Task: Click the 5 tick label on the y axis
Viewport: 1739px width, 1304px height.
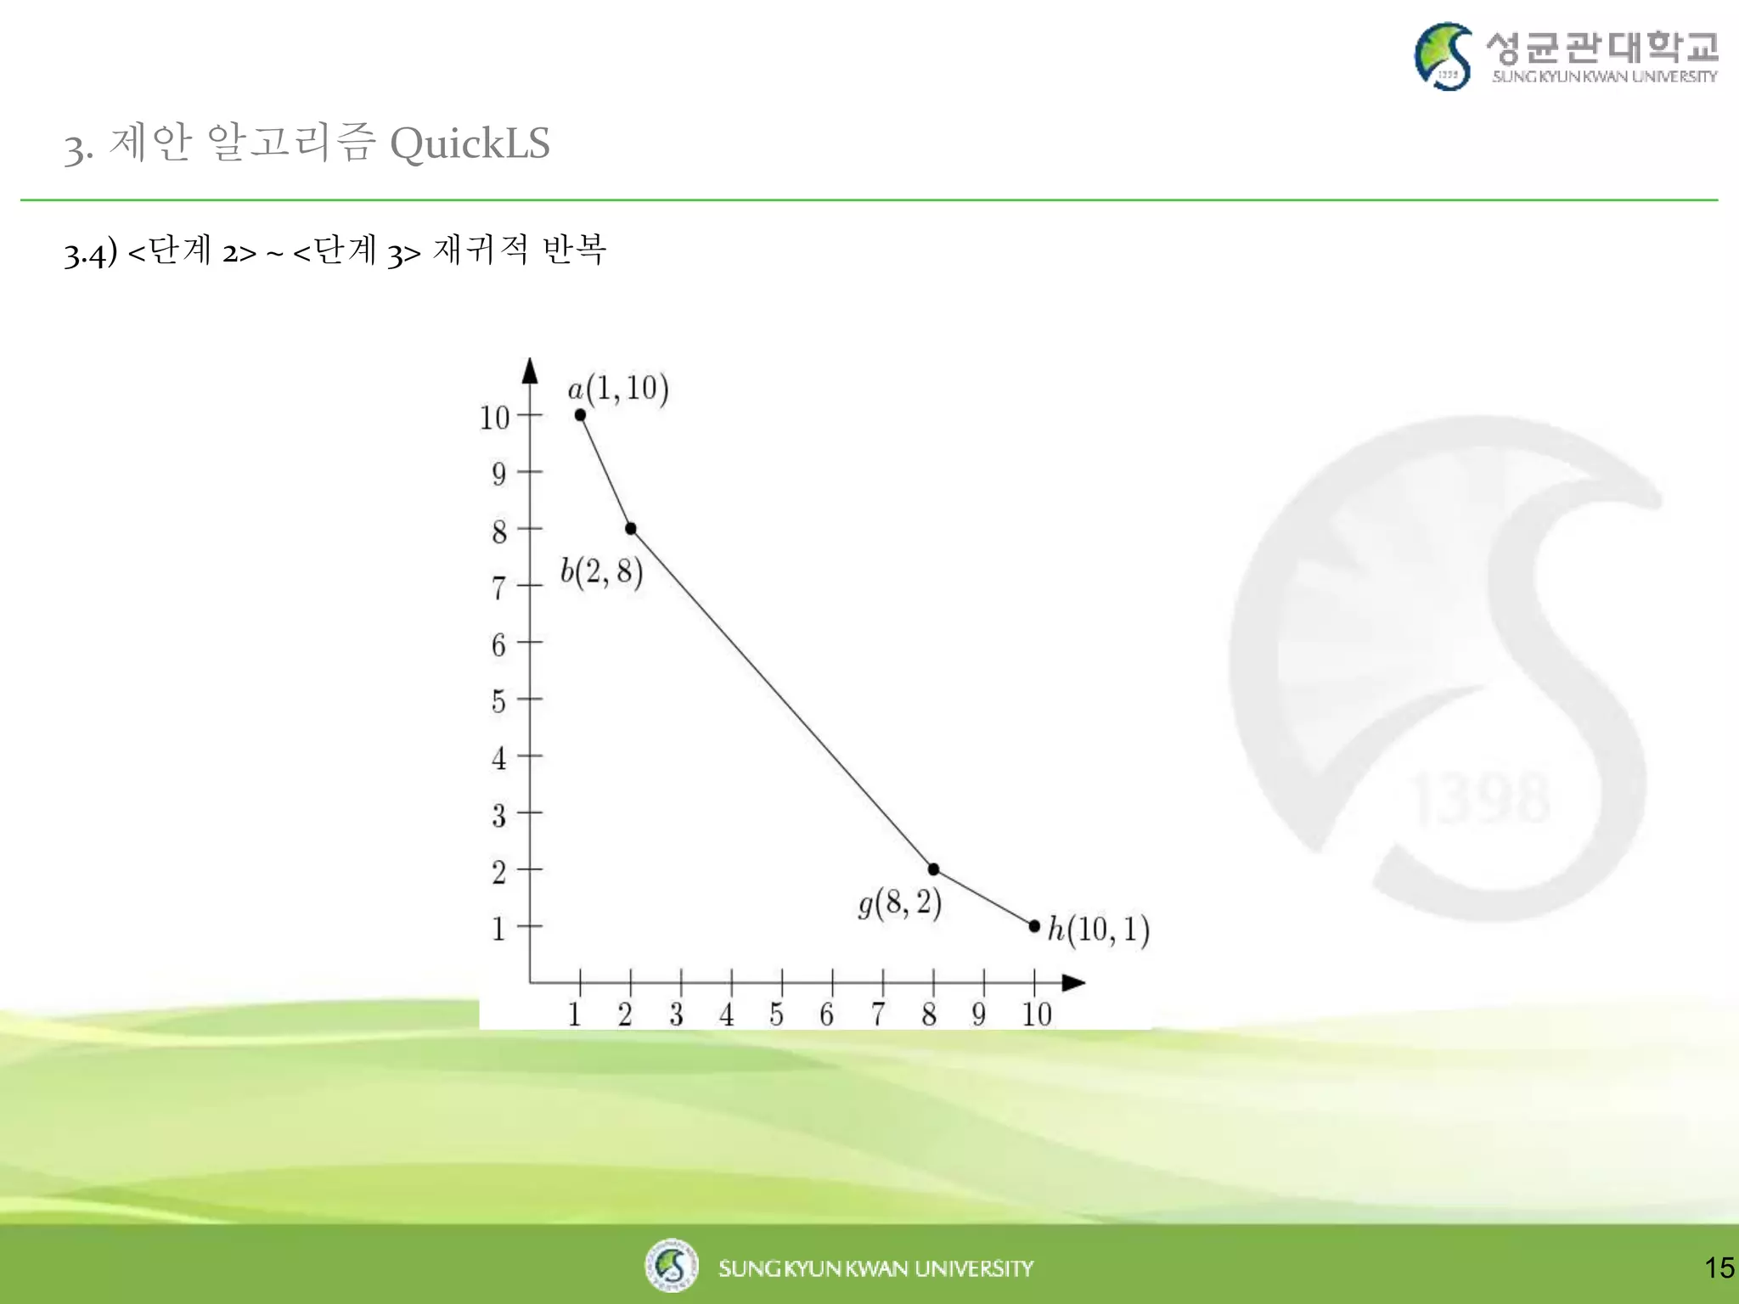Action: click(498, 701)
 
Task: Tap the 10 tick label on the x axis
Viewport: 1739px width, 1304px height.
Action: click(1036, 1014)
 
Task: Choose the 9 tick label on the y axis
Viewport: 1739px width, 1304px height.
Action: click(498, 474)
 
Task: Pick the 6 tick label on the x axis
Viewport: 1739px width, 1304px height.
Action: click(826, 1014)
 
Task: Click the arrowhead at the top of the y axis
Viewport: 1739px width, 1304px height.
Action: click(530, 370)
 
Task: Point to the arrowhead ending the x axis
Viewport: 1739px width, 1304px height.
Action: click(1073, 982)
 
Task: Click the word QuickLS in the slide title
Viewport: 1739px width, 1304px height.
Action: click(470, 143)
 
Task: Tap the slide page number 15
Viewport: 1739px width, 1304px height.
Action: click(1719, 1267)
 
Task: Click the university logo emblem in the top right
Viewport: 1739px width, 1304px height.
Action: click(1444, 56)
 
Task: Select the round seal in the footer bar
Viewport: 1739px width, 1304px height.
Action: click(671, 1265)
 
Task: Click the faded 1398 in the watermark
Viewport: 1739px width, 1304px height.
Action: click(1480, 798)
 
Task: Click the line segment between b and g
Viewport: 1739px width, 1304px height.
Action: click(782, 699)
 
